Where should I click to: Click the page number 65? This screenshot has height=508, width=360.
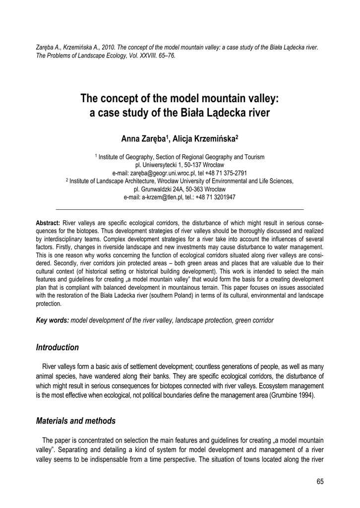click(319, 482)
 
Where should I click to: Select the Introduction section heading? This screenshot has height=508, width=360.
click(58, 347)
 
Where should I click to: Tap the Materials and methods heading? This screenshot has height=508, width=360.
click(76, 421)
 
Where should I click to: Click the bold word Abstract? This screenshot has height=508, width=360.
click(48, 223)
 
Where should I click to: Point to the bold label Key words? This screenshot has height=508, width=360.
click(53, 320)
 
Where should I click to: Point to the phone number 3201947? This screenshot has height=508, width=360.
click(224, 197)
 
